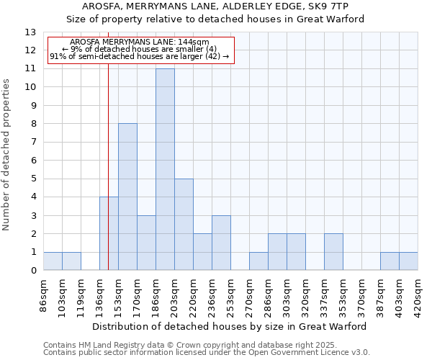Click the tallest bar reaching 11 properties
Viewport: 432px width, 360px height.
pos(165,169)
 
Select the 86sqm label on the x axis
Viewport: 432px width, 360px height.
pos(44,294)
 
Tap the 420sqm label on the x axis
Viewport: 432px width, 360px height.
pos(418,294)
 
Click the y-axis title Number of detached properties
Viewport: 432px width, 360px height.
pos(6,156)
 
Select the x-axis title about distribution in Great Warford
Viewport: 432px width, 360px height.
pos(230,326)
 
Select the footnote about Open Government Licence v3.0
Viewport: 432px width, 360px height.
pos(207,353)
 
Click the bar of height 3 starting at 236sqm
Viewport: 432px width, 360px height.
pos(221,243)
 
